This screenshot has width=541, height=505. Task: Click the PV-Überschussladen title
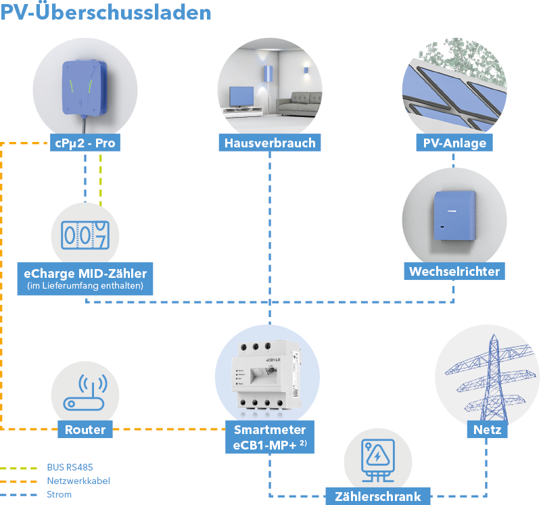pyautogui.click(x=105, y=12)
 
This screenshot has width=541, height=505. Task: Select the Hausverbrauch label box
pyautogui.click(x=270, y=143)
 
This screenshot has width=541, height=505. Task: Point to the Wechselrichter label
pyautogui.click(x=454, y=272)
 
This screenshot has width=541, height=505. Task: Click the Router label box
pyautogui.click(x=84, y=429)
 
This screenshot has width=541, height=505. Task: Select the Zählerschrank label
pyautogui.click(x=378, y=496)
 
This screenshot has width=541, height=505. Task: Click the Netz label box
pyautogui.click(x=487, y=429)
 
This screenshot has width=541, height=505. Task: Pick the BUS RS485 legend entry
pyautogui.click(x=67, y=467)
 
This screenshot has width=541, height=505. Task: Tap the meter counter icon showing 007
pyautogui.click(x=85, y=234)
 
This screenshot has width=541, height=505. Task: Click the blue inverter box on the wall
pyautogui.click(x=454, y=214)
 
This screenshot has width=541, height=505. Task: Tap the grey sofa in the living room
pyautogui.click(x=298, y=104)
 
